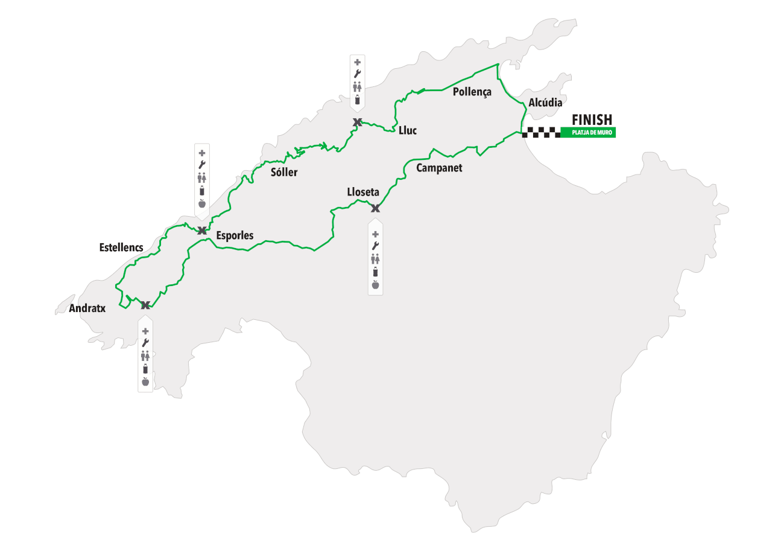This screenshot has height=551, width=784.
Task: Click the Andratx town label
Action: (87, 308)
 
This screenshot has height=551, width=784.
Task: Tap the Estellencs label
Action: (121, 247)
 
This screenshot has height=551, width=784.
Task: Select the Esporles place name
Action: (235, 236)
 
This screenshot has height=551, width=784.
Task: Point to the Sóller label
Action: (283, 173)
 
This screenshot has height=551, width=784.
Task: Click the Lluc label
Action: (408, 130)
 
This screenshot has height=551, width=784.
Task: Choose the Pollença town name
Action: (472, 92)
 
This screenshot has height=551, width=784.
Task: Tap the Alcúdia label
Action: (545, 103)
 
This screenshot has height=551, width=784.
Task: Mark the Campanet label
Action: (439, 168)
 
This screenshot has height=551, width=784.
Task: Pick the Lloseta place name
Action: (363, 193)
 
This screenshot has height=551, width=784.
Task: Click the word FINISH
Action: (592, 120)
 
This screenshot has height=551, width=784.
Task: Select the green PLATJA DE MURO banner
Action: (588, 133)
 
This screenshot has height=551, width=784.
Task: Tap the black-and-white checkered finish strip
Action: (541, 133)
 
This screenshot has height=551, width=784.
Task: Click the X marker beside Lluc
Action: (357, 123)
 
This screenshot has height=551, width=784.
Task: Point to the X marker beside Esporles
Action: (202, 230)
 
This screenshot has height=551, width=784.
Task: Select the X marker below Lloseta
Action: (375, 208)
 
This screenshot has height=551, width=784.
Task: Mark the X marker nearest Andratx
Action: (145, 305)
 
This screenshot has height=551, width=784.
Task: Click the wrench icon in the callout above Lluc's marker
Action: (357, 74)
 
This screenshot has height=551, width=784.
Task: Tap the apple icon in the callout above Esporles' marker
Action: (202, 203)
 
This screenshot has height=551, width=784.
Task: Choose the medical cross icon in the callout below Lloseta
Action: (375, 234)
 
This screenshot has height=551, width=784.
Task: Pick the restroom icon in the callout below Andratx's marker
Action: (145, 355)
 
